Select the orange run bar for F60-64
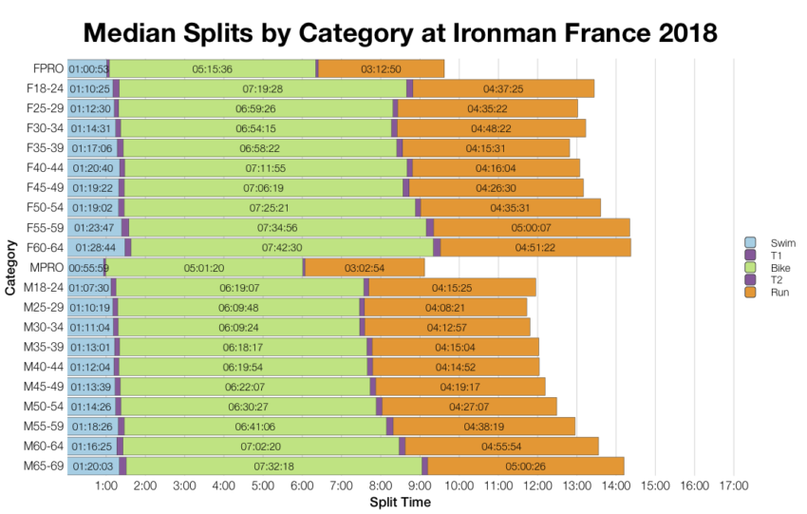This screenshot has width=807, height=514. click(x=535, y=247)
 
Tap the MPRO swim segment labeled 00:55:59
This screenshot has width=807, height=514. click(x=86, y=268)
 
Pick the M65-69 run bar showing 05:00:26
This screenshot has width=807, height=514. click(x=525, y=466)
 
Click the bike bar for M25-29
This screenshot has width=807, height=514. click(x=238, y=307)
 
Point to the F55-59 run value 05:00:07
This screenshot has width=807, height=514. click(x=531, y=227)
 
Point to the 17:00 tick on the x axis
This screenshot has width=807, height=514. click(x=733, y=486)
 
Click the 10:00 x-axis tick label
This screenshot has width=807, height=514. click(x=459, y=486)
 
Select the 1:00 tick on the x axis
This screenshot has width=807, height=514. click(x=106, y=486)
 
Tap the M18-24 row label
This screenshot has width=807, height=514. click(x=44, y=287)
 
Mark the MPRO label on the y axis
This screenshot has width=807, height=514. click(x=47, y=267)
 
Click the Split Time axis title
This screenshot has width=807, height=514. click(x=399, y=502)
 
